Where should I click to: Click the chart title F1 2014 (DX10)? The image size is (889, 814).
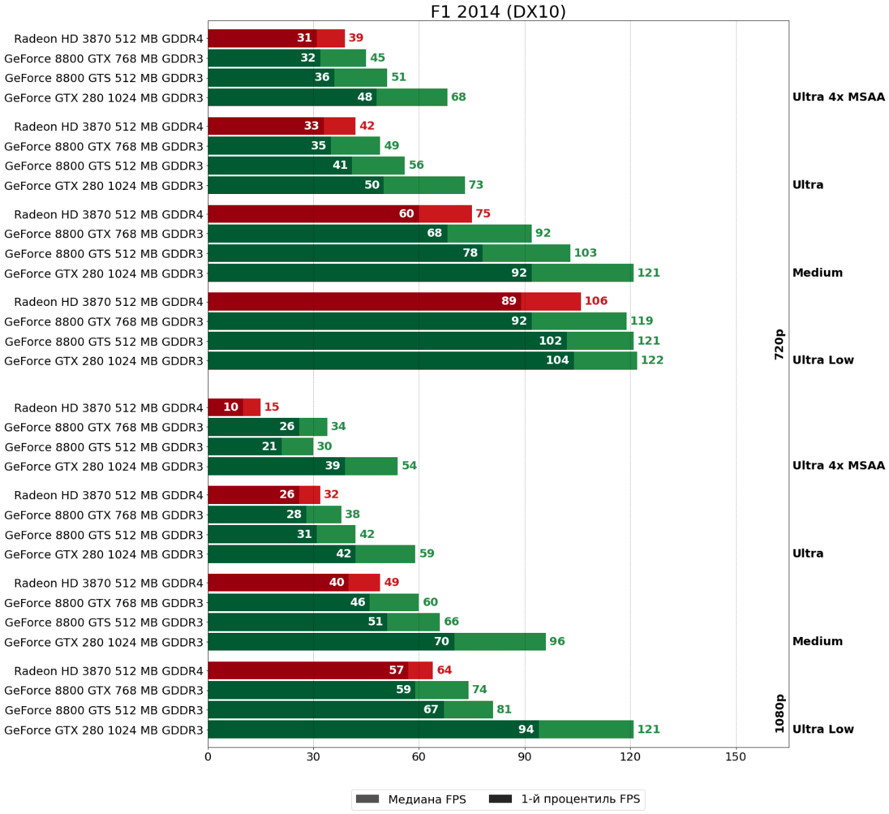tap(498, 12)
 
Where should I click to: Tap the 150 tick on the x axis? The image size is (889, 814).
tap(736, 757)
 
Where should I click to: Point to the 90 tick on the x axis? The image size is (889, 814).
tap(524, 757)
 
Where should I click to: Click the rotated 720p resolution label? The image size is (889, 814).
tap(779, 344)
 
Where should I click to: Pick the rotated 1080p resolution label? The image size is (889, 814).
tap(779, 713)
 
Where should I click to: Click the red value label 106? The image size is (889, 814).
tap(596, 301)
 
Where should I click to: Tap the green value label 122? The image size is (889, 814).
tap(652, 360)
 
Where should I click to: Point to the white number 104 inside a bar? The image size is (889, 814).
tap(557, 360)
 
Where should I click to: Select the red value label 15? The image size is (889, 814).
tap(271, 407)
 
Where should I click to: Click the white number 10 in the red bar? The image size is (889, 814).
tap(231, 407)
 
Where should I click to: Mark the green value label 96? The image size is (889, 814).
tap(557, 642)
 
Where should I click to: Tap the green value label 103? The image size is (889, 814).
tap(585, 253)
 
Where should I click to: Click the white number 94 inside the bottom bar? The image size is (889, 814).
tap(526, 729)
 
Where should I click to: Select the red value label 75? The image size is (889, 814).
tap(483, 214)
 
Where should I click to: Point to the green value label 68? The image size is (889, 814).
tap(458, 97)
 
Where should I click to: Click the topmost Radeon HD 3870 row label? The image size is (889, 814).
tap(108, 39)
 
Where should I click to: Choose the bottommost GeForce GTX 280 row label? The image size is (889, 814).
tap(104, 731)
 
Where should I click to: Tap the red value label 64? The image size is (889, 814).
tap(444, 670)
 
